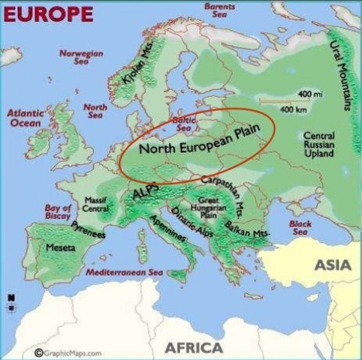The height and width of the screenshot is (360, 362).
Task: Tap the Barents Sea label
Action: pyautogui.click(x=219, y=10)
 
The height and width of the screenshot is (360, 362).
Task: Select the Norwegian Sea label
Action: pyautogui.click(x=82, y=57)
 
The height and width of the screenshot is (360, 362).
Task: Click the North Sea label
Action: pyautogui.click(x=95, y=112)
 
